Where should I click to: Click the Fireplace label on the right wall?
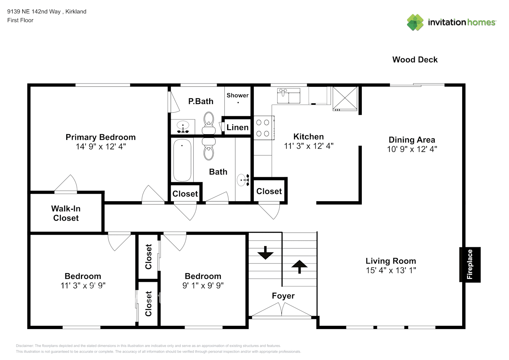tap(470, 264)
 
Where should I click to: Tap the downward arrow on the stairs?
tap(266, 253)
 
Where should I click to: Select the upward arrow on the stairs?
tap(299, 267)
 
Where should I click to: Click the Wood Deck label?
tap(415, 60)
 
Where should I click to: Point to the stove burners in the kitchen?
tap(263, 128)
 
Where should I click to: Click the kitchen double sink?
tap(289, 96)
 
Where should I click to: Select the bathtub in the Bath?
tap(182, 160)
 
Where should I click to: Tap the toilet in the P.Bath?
tap(208, 122)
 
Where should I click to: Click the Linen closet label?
tap(237, 127)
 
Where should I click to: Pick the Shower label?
tap(237, 95)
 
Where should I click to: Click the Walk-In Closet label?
tap(66, 213)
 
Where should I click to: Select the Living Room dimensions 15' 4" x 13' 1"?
tap(391, 270)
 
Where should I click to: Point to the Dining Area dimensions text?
tap(412, 149)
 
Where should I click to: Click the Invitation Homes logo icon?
tap(415, 22)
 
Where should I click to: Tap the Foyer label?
tap(283, 296)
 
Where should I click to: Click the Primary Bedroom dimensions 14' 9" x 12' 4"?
tap(101, 147)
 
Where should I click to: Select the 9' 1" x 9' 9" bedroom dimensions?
tap(203, 285)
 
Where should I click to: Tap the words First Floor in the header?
tap(20, 20)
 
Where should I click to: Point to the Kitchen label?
tap(308, 136)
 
